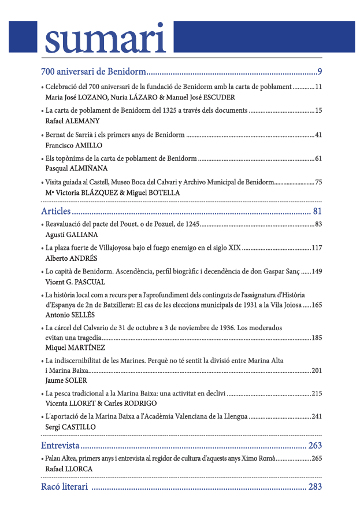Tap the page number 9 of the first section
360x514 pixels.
click(x=320, y=72)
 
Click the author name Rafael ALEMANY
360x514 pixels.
click(x=72, y=121)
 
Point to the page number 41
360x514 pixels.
click(x=318, y=135)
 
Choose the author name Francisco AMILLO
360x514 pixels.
click(x=73, y=146)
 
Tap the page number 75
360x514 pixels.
click(x=318, y=182)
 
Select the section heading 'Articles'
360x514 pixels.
click(x=56, y=210)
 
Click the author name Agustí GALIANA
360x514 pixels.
click(x=70, y=235)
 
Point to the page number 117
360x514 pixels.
click(x=317, y=248)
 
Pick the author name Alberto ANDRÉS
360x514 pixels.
click(x=71, y=258)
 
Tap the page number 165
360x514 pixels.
click(x=317, y=305)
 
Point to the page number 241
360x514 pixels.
click(x=317, y=416)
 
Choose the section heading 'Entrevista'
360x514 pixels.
click(x=60, y=446)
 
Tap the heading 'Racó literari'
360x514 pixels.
click(x=64, y=487)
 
